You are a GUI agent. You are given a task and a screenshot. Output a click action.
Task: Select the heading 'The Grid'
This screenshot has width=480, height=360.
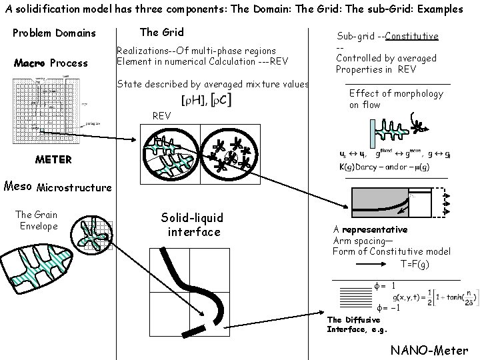(x=161, y=32)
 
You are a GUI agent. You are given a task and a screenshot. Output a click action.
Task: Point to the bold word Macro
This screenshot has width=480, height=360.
(x=30, y=63)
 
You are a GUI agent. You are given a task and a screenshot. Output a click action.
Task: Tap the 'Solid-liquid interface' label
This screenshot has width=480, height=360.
(x=193, y=225)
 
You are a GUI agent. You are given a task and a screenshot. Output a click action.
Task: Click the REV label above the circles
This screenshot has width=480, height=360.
(x=162, y=115)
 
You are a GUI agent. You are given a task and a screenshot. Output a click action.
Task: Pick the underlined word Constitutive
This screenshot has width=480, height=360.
(x=411, y=35)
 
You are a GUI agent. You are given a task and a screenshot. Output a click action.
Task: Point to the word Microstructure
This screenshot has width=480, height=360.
(x=74, y=187)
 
